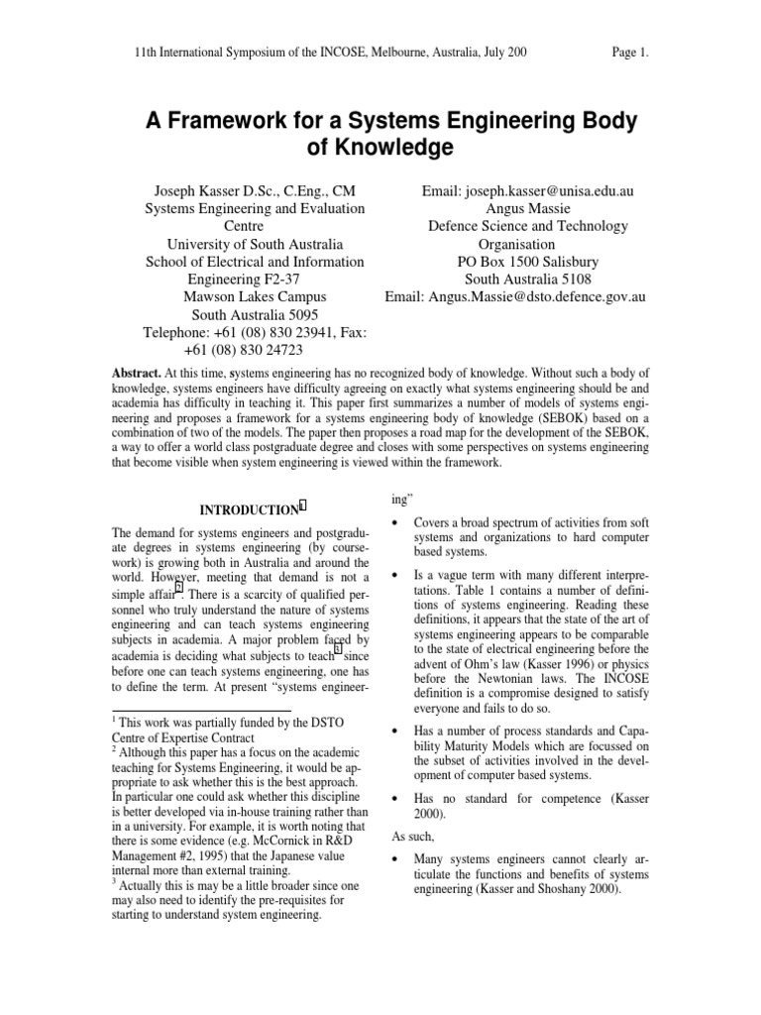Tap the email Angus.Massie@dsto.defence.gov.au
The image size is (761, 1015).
[515, 296]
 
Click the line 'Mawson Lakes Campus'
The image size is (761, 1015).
[255, 296]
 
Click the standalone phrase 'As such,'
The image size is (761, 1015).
[412, 836]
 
